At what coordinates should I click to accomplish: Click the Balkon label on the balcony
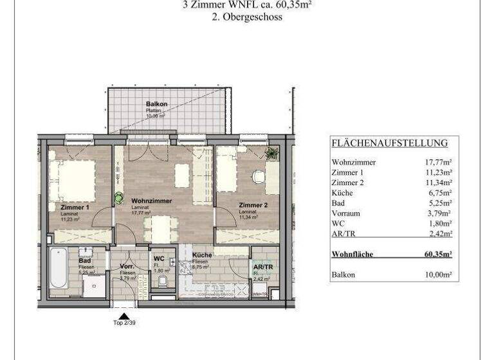tap(156, 104)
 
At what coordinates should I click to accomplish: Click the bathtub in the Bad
tap(57, 268)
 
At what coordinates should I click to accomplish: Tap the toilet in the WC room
tap(163, 281)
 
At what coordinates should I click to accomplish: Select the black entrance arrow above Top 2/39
tap(123, 314)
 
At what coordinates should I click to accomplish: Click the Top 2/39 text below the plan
tap(123, 322)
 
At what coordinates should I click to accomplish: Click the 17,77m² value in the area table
tap(437, 162)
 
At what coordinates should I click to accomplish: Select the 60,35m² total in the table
tap(437, 254)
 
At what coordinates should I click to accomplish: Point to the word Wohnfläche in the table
tap(352, 254)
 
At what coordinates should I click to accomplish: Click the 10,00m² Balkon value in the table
tap(437, 274)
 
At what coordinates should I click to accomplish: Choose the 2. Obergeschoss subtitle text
tap(247, 17)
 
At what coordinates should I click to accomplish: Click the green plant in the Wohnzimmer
tap(118, 199)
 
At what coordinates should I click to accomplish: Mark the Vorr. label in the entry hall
tap(126, 265)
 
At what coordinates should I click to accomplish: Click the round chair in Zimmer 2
tap(258, 176)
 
